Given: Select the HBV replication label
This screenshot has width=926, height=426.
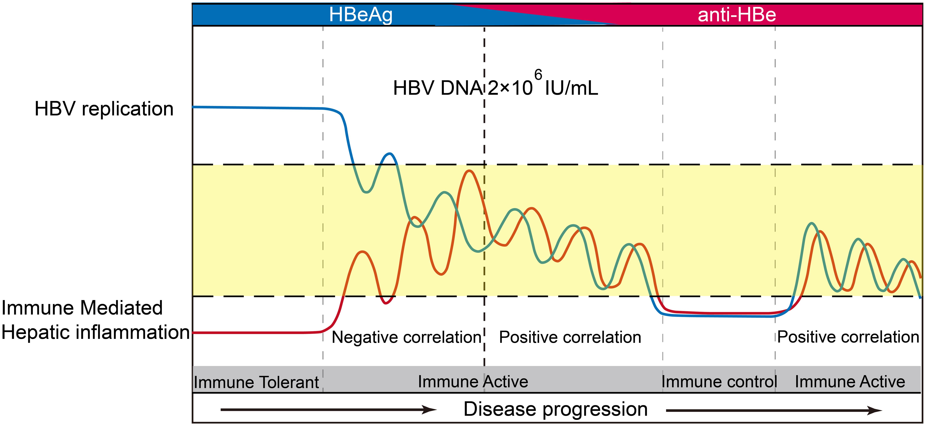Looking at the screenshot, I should [104, 109].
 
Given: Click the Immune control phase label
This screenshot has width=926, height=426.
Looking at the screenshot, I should [719, 382].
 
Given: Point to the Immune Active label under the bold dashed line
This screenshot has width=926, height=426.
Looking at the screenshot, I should [473, 382].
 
